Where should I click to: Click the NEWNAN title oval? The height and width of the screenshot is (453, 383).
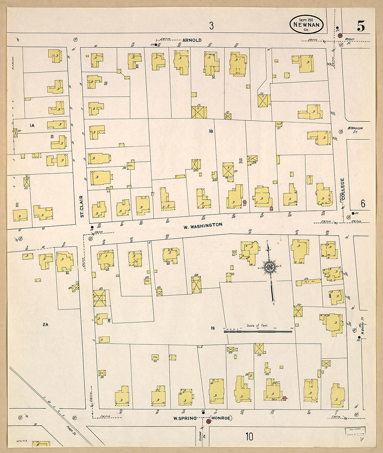click(306, 24)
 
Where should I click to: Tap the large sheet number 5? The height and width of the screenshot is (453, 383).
click(361, 26)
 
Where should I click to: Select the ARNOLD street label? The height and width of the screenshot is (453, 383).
click(192, 40)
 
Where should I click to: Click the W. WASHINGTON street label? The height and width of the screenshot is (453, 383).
click(203, 226)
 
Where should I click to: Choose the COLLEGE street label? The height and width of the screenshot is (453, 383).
click(343, 189)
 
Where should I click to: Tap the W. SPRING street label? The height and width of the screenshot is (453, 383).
click(185, 418)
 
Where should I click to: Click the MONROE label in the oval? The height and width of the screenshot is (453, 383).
click(221, 418)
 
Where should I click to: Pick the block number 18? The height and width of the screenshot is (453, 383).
click(211, 131)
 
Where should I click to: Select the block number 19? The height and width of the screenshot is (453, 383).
click(213, 328)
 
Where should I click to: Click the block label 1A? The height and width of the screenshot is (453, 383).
click(32, 125)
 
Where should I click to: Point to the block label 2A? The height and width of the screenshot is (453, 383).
click(45, 325)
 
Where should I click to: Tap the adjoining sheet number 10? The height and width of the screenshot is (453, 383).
click(249, 437)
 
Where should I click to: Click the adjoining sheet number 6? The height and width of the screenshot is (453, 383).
click(363, 204)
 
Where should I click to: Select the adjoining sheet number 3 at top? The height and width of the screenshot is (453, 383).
click(211, 25)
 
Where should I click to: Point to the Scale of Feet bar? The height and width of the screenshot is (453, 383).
click(258, 332)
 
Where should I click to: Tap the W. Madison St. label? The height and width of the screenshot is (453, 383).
click(355, 130)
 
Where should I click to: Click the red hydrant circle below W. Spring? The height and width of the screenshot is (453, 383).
click(208, 421)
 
